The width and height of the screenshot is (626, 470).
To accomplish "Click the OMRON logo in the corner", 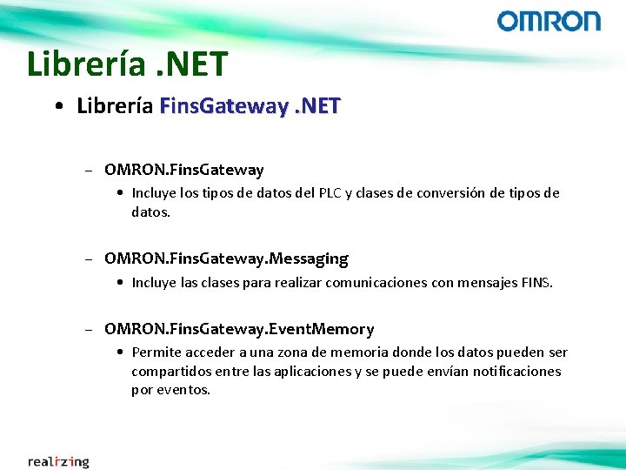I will (549, 21).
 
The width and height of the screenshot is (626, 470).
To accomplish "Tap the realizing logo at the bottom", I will (58, 461).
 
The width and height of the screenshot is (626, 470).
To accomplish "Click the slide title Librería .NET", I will (127, 64).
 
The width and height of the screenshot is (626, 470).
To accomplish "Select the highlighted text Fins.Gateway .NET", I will (250, 106).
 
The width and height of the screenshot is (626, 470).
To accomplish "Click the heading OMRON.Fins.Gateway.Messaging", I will (226, 258).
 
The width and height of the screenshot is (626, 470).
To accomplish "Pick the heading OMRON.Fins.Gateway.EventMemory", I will (239, 329).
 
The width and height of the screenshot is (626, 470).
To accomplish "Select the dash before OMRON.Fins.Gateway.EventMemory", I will (89, 330).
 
